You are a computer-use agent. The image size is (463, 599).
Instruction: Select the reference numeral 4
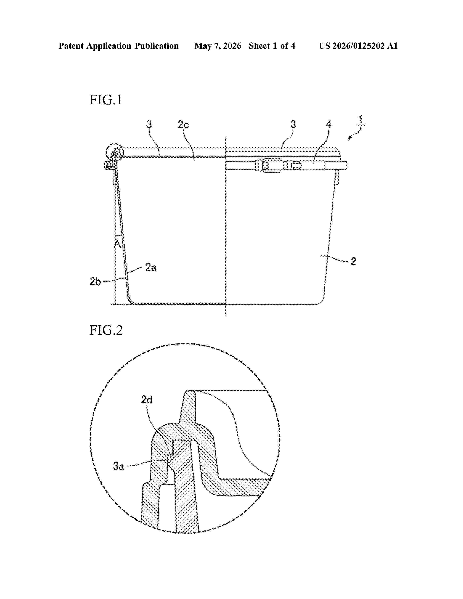[328, 124]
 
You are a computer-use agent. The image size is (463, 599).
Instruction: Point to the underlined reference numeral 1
[361, 120]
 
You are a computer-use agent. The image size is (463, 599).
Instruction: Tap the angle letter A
[117, 244]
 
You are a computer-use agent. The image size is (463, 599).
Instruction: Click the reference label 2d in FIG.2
[147, 400]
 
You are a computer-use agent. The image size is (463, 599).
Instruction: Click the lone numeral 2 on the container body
[353, 261]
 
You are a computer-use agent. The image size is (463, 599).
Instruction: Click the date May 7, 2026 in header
[218, 46]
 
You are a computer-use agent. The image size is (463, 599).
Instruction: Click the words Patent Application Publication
[119, 46]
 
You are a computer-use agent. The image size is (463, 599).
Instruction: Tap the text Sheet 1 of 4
[272, 46]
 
